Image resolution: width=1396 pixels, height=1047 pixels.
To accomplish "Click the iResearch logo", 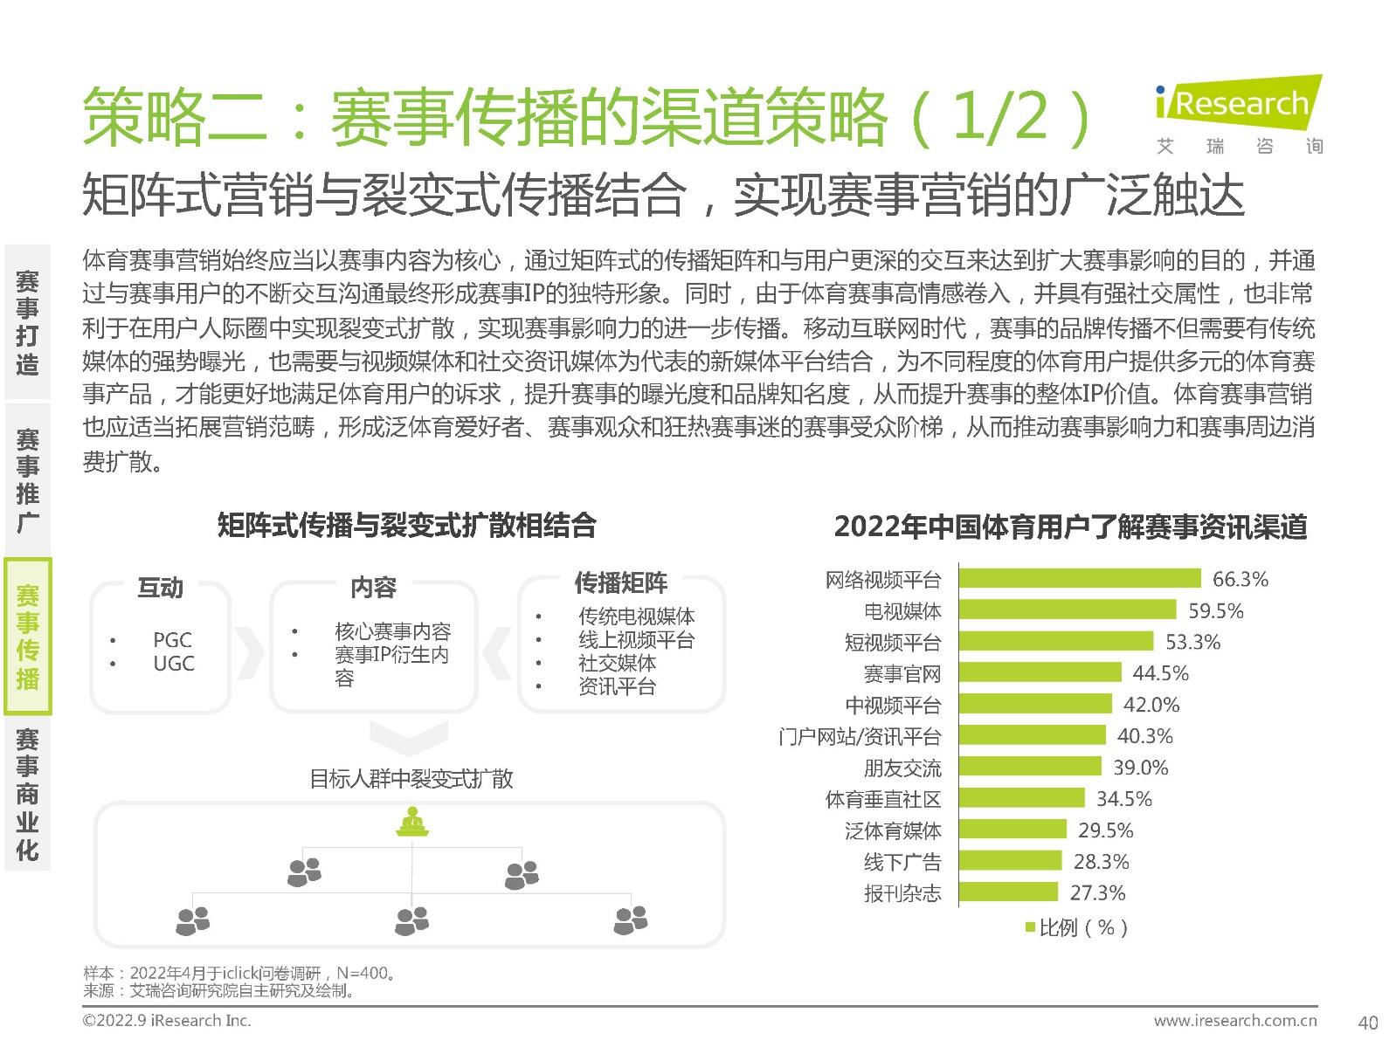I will point(1238,114).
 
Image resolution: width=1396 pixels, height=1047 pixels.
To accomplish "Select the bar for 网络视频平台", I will point(1080,578).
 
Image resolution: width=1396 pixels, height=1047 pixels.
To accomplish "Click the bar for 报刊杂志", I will point(1008,892).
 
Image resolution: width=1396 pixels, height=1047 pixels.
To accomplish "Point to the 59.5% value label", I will point(1215,610).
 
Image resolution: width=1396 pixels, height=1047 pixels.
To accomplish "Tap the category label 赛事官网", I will point(902,674).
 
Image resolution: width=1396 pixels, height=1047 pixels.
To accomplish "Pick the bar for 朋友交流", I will point(1030,767).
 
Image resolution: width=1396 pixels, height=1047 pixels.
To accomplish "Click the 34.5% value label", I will point(1123,799).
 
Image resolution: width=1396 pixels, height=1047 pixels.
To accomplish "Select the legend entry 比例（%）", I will point(1076,927).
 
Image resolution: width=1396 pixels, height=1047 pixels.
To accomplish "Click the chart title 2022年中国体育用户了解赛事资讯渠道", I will point(1070,527).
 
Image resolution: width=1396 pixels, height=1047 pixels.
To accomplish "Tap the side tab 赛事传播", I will point(28,637).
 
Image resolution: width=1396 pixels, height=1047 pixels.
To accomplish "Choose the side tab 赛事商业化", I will point(28,794).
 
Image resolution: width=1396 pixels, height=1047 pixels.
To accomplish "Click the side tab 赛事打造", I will point(28,322).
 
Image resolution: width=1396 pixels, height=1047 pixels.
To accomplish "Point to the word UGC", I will point(173,664).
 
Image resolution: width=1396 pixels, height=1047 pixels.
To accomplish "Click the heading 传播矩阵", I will point(620,582).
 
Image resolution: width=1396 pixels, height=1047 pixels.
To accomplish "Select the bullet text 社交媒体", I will point(617,663).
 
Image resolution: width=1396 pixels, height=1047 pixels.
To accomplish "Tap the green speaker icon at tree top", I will point(411,822).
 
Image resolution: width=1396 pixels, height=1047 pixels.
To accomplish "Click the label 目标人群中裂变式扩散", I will point(411,779).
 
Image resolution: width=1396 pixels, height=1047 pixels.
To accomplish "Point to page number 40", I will point(1368,1022).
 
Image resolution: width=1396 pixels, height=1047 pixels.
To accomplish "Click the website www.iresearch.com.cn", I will point(1234,1020).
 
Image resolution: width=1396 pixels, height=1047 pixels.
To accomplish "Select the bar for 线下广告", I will point(1010,861).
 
